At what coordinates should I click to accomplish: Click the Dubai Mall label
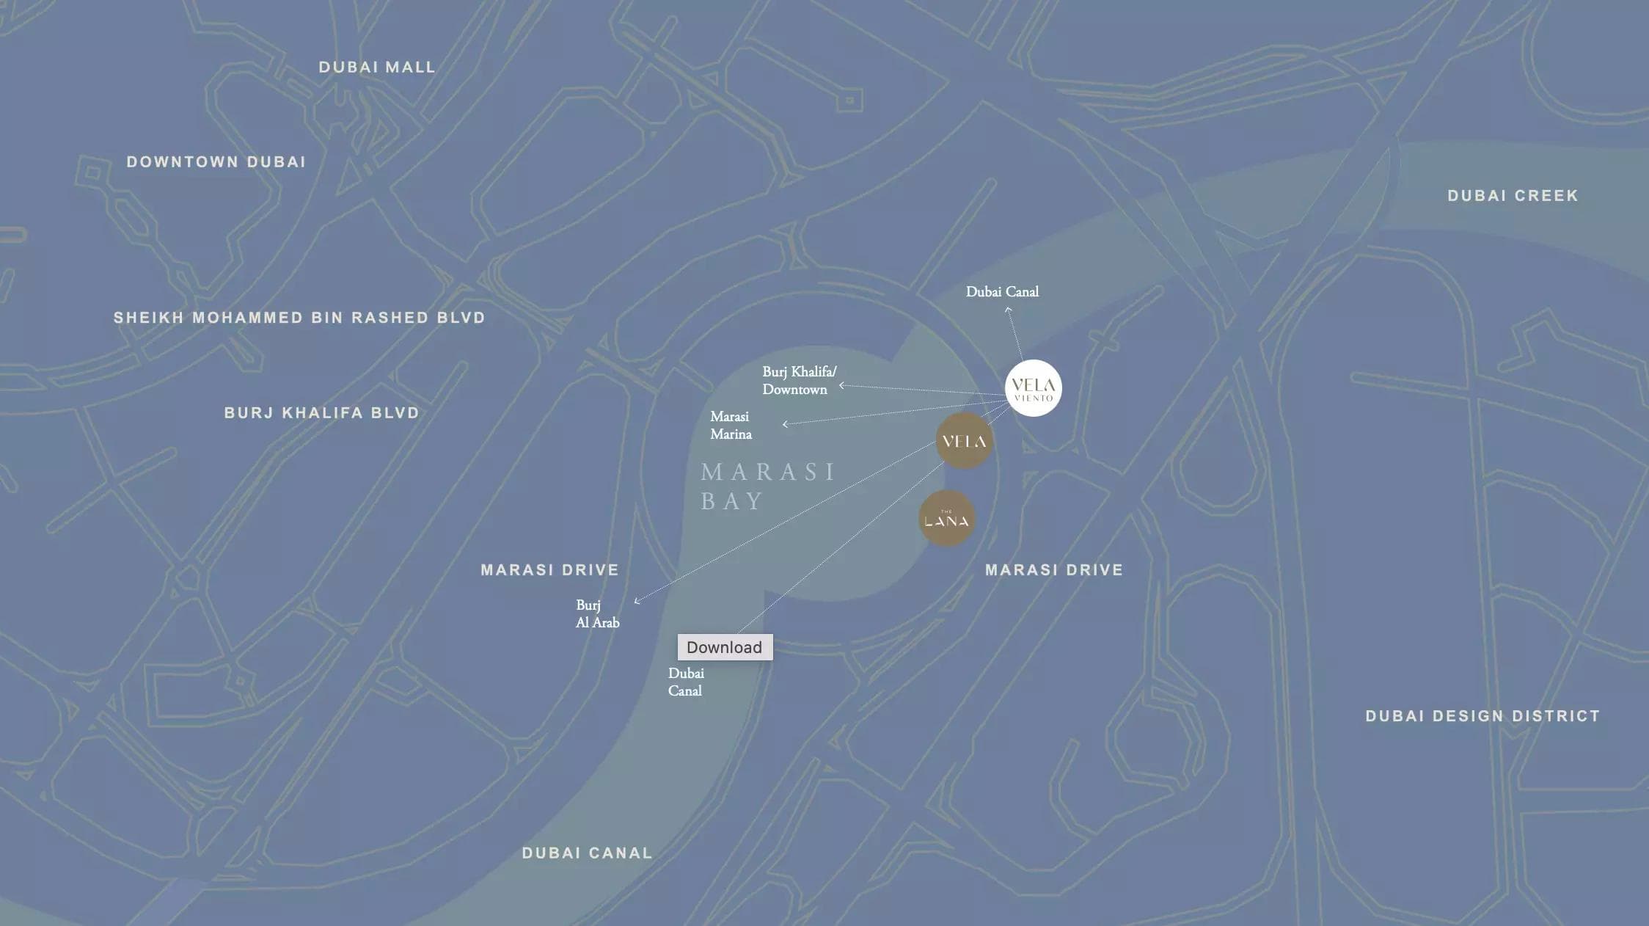click(377, 68)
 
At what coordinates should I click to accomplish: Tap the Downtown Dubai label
click(216, 162)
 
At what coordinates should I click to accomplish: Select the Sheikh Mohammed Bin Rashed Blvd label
click(299, 318)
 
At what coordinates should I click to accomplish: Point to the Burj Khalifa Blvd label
click(321, 413)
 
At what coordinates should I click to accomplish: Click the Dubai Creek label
click(1513, 196)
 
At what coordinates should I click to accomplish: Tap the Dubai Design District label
click(1482, 716)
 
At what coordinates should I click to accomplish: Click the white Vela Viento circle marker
click(1033, 388)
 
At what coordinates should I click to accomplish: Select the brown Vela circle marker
click(964, 441)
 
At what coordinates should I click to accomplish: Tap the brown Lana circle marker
click(946, 519)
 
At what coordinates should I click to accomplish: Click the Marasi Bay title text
click(767, 486)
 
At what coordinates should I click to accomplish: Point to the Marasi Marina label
click(731, 426)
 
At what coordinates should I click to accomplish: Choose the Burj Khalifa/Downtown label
click(798, 380)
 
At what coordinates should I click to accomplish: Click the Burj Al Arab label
click(597, 614)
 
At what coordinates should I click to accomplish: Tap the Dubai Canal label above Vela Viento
click(1002, 292)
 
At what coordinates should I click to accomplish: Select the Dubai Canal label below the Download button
click(686, 682)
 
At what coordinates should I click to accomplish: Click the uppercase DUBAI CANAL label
click(587, 853)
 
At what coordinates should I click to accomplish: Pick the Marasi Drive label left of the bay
click(549, 570)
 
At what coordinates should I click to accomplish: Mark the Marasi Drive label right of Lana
click(1054, 570)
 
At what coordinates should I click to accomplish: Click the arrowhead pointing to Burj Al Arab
click(637, 602)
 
